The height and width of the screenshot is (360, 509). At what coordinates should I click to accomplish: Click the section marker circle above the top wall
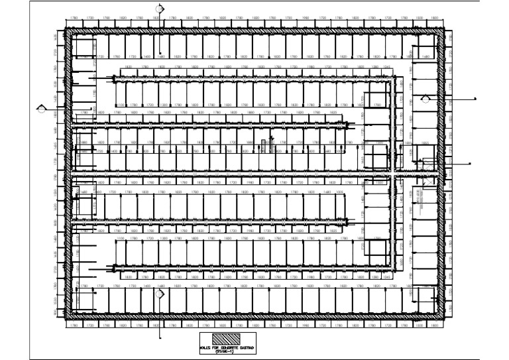point(160,9)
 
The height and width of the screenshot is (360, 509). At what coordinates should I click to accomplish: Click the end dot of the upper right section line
point(476,99)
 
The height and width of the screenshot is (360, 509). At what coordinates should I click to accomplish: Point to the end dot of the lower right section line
point(471,163)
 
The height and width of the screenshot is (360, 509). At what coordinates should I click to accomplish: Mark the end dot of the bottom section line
point(159,337)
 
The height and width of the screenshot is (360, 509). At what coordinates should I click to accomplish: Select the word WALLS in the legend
point(207,346)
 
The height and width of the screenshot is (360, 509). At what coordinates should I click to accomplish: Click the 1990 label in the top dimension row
point(306,17)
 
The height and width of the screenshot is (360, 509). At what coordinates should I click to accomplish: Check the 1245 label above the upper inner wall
point(386,67)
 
